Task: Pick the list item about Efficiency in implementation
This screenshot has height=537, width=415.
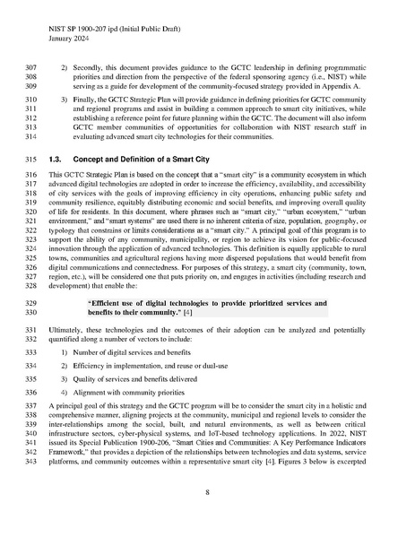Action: [x=157, y=366]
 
